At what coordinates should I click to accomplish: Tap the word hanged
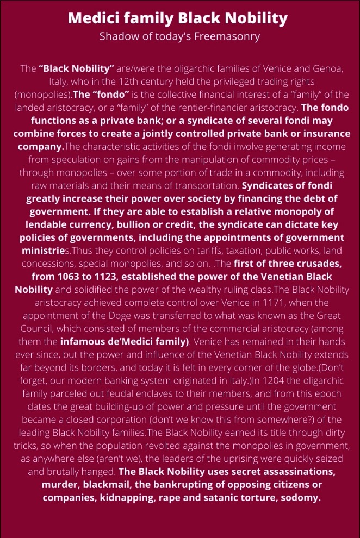(100, 471)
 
